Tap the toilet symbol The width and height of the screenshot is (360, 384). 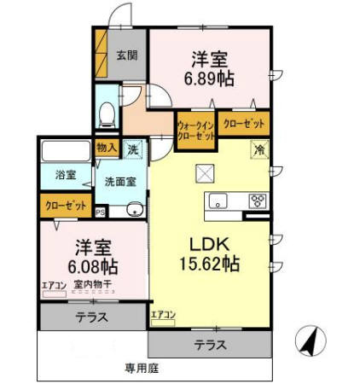(x=107, y=113)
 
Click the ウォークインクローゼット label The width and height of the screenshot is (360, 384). (x=195, y=129)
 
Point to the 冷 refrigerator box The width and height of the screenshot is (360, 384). (x=259, y=149)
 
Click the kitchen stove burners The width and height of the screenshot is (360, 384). (x=256, y=202)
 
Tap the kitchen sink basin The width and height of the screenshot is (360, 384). (x=218, y=203)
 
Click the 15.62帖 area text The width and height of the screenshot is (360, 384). (x=207, y=264)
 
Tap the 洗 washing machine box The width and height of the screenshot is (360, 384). (x=135, y=148)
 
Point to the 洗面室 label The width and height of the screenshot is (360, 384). (x=121, y=181)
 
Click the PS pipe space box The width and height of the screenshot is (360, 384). (x=101, y=212)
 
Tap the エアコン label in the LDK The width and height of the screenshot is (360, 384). (x=164, y=315)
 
